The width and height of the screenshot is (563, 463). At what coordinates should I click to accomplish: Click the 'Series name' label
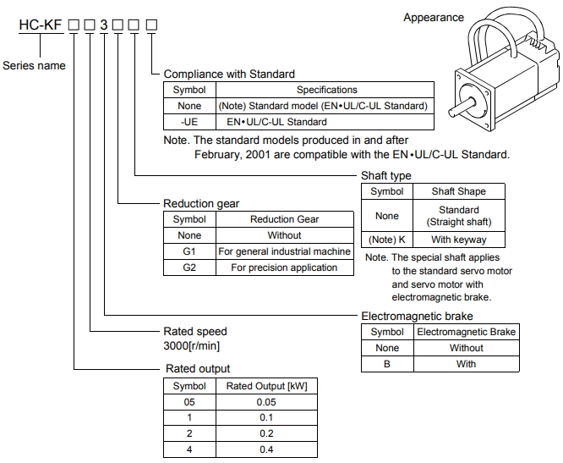(34, 65)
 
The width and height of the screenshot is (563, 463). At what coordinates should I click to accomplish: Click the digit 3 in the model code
(103, 28)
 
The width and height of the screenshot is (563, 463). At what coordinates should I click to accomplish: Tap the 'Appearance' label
(434, 17)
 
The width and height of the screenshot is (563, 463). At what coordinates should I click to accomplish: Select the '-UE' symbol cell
(189, 122)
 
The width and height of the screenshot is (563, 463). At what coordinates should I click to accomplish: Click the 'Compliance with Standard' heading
(229, 74)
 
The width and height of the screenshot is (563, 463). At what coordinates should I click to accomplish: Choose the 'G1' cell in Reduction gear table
(189, 251)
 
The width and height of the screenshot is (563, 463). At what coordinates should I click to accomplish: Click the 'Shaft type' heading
(386, 175)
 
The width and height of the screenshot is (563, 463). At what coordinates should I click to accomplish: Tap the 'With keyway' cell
(459, 240)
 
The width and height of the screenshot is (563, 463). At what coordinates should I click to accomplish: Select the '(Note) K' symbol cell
(387, 240)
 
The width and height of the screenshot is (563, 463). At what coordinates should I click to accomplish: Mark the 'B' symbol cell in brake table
(387, 364)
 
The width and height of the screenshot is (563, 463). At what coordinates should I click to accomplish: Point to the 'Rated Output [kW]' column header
(266, 386)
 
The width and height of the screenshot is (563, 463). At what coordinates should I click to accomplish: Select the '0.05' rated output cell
(266, 402)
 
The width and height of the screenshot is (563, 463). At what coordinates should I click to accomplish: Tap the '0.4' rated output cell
(266, 449)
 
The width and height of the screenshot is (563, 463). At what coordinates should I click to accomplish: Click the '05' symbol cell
(189, 402)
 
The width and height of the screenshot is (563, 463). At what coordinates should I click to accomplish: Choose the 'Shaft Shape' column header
(459, 191)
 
